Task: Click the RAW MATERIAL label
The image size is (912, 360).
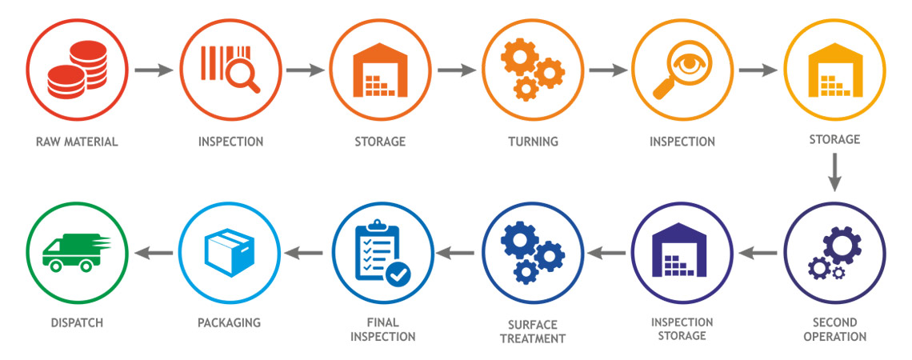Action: pos(77,142)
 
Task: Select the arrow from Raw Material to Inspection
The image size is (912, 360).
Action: pos(154,70)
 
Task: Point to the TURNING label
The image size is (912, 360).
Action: pos(532,142)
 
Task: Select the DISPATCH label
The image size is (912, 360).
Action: pos(76,323)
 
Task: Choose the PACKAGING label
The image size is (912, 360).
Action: pos(229,323)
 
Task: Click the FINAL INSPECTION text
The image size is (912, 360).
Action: pos(381,330)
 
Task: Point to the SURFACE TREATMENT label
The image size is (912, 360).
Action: pos(532,331)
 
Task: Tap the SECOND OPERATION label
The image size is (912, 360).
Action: pos(834,329)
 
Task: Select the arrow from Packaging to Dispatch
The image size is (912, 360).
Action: pos(154,254)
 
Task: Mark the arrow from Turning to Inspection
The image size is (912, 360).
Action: pos(608,70)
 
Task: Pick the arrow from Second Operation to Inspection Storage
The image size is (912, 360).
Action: pos(758,254)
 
